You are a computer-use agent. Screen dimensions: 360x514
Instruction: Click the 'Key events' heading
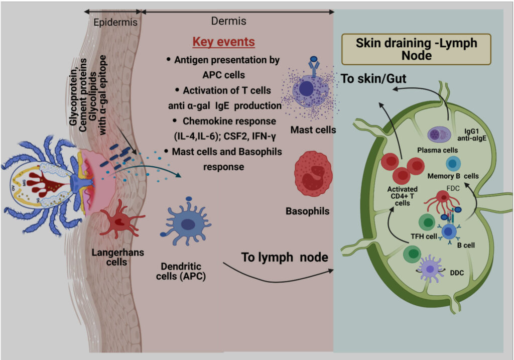pyautogui.click(x=224, y=42)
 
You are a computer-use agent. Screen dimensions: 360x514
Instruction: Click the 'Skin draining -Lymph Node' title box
pyautogui.click(x=416, y=49)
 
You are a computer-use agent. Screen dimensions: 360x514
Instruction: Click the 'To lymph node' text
pyautogui.click(x=285, y=257)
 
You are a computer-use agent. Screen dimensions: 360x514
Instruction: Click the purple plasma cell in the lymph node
pyautogui.click(x=437, y=134)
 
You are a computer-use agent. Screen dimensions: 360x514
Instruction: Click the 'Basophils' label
pyautogui.click(x=308, y=211)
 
